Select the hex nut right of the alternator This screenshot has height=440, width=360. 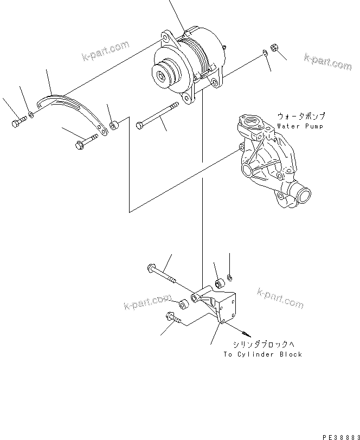(x=274, y=49)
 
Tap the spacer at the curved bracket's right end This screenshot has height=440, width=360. (x=114, y=127)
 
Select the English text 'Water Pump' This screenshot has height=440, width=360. (x=300, y=126)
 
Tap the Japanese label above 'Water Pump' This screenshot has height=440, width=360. (x=301, y=116)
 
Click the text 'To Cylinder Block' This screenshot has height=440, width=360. (x=262, y=354)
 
